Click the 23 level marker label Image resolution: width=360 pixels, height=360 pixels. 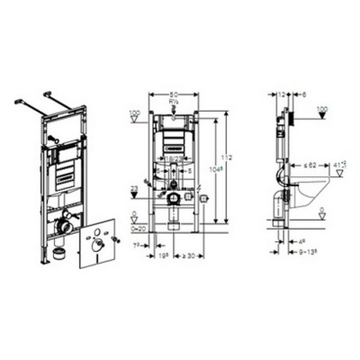click(x=134, y=187)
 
